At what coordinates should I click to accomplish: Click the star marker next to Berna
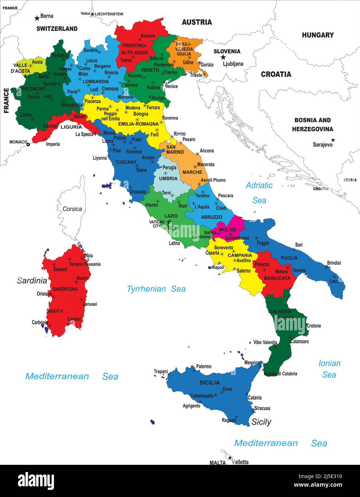click(37, 18)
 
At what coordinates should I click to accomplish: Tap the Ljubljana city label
click(233, 64)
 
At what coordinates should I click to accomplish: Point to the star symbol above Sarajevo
click(333, 140)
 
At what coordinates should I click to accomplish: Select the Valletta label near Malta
click(240, 462)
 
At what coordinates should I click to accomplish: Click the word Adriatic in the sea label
click(259, 185)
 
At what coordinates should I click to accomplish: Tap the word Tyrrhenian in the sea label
click(147, 289)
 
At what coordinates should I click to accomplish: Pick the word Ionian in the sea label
click(329, 363)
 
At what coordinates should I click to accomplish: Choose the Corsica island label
click(72, 209)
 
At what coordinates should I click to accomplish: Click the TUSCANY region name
click(126, 162)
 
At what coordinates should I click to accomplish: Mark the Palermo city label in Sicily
click(203, 366)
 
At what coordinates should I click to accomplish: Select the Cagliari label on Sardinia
click(74, 319)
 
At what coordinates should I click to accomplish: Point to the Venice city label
click(171, 87)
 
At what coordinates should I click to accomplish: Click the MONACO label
click(18, 142)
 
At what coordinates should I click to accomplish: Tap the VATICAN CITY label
click(157, 224)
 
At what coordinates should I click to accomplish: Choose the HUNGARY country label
click(317, 35)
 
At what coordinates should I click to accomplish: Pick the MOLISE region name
click(228, 230)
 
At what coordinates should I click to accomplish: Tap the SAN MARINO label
click(175, 149)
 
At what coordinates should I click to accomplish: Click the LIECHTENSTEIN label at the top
click(109, 14)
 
